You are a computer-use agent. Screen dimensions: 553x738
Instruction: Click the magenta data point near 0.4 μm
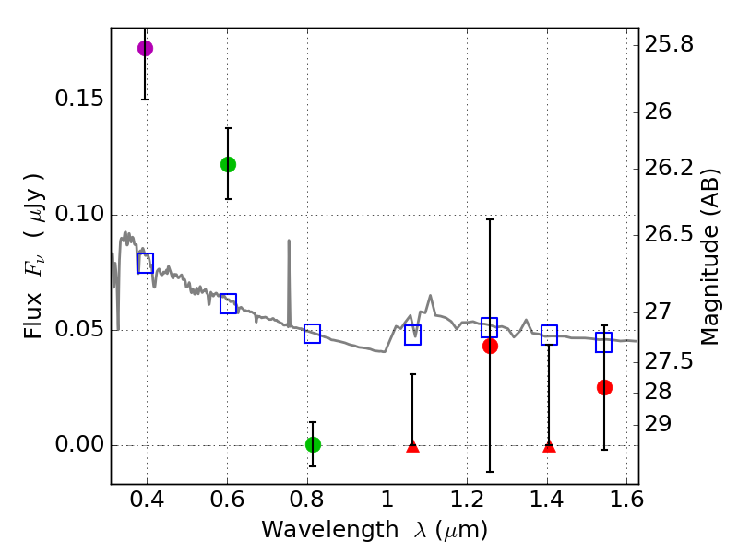[x=145, y=48]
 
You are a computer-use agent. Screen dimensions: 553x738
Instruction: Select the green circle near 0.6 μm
[x=228, y=164]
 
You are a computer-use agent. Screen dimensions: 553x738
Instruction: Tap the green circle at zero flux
[x=313, y=444]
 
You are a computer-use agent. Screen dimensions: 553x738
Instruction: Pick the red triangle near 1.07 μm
[x=412, y=446]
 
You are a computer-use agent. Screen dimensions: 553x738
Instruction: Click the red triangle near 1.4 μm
[x=549, y=446]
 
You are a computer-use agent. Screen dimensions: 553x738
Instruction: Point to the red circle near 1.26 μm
[x=490, y=346]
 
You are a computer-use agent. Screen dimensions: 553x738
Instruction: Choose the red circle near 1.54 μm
[x=604, y=387]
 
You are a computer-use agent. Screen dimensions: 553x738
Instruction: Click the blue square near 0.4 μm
[x=145, y=263]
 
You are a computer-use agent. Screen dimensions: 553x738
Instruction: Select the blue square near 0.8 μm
[x=312, y=334]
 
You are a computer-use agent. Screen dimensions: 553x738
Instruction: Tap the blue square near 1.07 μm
[x=412, y=335]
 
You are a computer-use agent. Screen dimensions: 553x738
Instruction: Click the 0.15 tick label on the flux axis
[x=78, y=100]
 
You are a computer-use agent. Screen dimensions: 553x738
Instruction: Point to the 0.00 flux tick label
[x=78, y=445]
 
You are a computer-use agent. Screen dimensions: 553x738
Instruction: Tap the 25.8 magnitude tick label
[x=671, y=44]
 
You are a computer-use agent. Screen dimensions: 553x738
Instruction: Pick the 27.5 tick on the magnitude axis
[x=671, y=361]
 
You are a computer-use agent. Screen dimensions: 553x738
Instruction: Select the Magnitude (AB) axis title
[x=709, y=256]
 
